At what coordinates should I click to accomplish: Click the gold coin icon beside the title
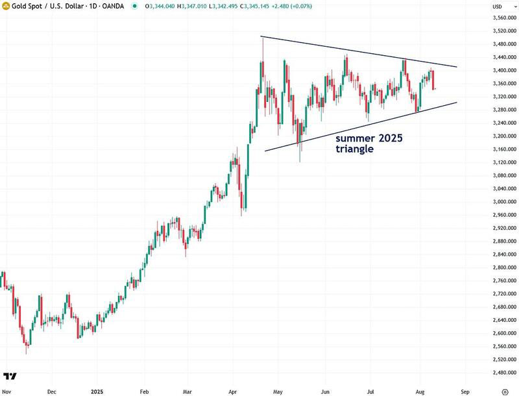coord(6,6)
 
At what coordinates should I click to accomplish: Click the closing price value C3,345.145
coord(240,6)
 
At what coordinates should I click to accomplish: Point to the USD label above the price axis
coord(498,6)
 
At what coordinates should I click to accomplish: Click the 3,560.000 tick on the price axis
coord(503,18)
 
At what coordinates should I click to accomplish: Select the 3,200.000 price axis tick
coord(503,136)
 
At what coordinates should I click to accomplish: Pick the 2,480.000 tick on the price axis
coord(503,373)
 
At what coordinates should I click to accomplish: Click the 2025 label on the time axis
coord(97,392)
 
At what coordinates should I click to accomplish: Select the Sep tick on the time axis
coord(465,392)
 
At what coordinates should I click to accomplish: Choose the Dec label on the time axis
coord(53,392)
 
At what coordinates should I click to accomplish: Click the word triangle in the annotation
coord(354,149)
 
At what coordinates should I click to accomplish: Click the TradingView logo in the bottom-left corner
coord(10,376)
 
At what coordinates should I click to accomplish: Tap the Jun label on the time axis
coord(326,392)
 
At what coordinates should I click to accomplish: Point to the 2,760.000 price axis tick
coord(503,280)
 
